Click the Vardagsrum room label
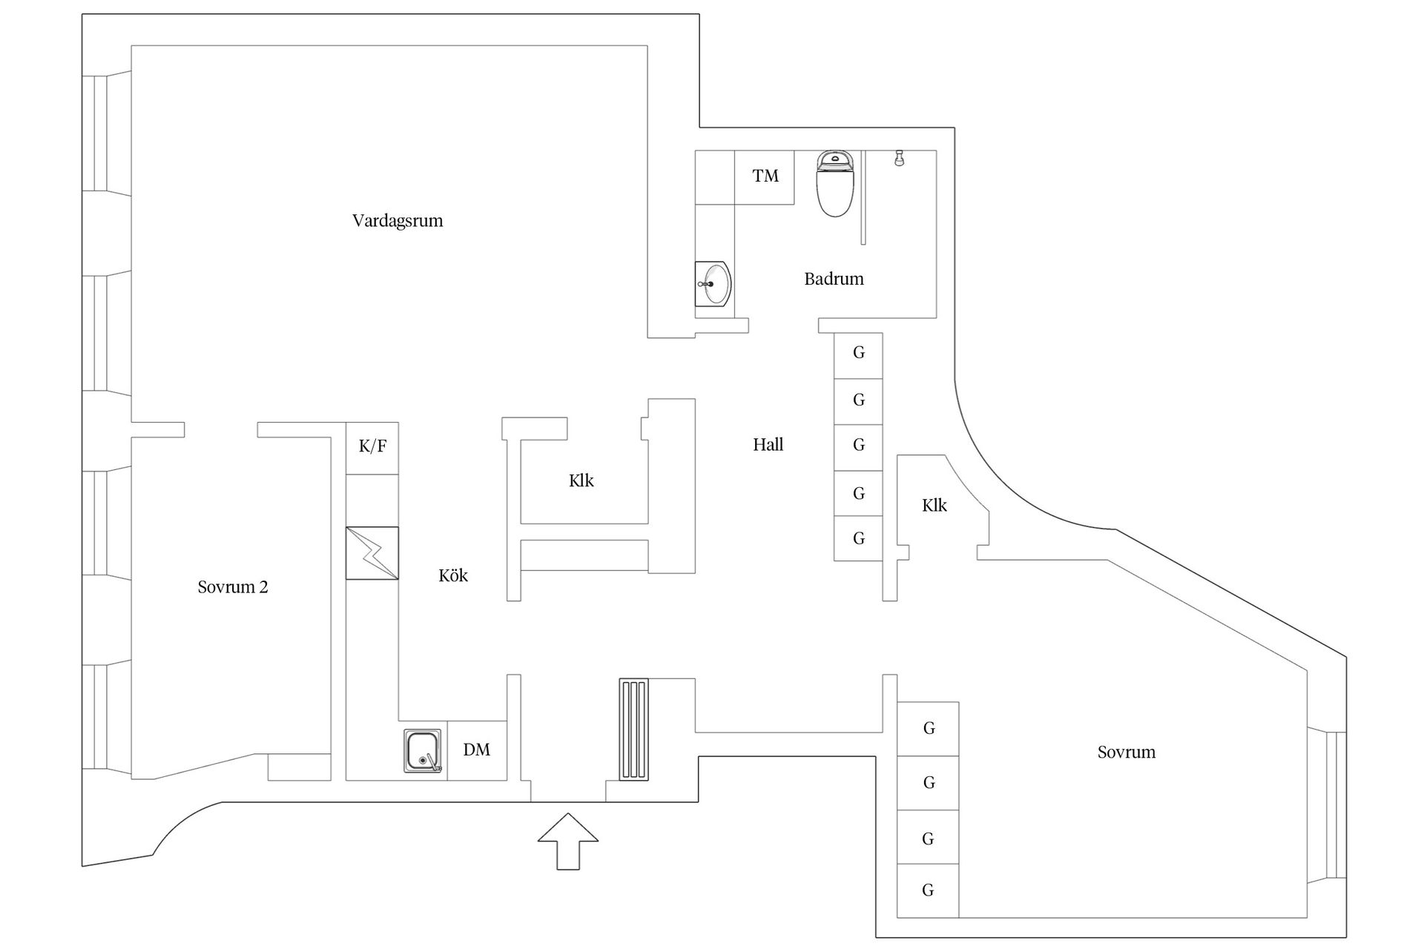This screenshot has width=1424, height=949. (x=398, y=221)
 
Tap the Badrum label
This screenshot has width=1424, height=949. (x=834, y=279)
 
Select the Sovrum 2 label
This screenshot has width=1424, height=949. (x=233, y=587)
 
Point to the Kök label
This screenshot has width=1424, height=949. (x=453, y=575)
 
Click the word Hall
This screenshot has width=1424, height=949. (x=768, y=445)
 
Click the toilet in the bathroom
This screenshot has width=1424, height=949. (x=836, y=183)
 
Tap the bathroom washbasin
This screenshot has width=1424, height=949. (x=713, y=283)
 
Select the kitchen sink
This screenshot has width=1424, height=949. (x=423, y=750)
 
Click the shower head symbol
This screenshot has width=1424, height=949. (x=899, y=158)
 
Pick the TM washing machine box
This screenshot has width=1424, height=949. (x=765, y=177)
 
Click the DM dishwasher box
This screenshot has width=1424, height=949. (x=477, y=750)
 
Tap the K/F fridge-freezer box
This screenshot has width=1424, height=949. (x=372, y=448)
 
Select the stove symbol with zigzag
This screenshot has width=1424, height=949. (x=372, y=553)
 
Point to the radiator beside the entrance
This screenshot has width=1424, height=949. (x=634, y=729)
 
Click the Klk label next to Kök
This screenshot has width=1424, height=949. (x=581, y=480)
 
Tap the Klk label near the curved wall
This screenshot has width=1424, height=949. (x=934, y=506)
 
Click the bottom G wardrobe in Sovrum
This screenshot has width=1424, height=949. (x=928, y=890)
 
